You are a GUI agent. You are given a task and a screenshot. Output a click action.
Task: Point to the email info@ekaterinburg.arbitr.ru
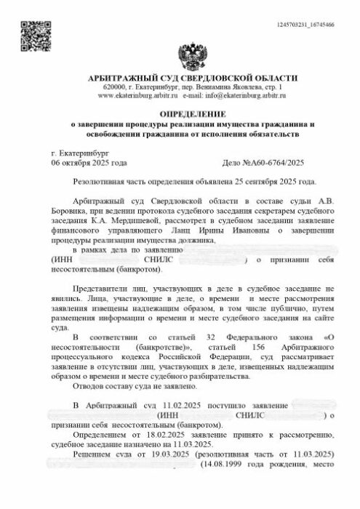click(x=244, y=95)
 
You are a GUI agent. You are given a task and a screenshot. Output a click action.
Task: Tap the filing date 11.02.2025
click(x=172, y=404)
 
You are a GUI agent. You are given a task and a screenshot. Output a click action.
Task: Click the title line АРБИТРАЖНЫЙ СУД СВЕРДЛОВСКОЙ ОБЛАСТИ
click(x=192, y=78)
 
